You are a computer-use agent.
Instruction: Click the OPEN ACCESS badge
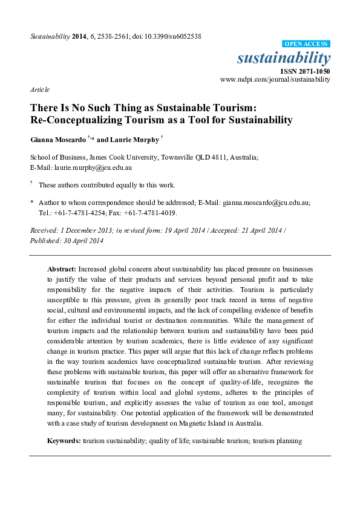click(306, 44)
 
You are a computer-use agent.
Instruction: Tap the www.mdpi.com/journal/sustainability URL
click(275, 79)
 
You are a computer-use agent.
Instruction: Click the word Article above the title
click(39, 89)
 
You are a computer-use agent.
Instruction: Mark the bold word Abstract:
click(62, 268)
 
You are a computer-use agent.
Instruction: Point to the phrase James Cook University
click(122, 157)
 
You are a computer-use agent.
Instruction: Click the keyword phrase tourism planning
click(277, 441)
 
